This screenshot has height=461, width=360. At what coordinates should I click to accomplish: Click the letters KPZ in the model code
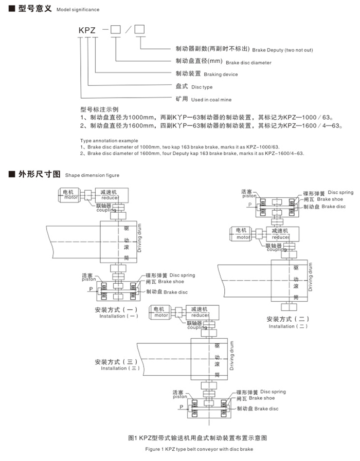point(87,30)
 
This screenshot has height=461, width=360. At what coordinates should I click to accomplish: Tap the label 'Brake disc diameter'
point(248,62)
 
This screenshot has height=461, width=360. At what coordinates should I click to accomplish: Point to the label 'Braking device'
point(221,75)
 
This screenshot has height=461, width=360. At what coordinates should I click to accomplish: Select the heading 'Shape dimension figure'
point(92,175)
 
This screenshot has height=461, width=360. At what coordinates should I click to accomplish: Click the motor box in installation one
point(69,195)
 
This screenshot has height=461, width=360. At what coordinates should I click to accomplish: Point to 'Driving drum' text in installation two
point(310,276)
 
